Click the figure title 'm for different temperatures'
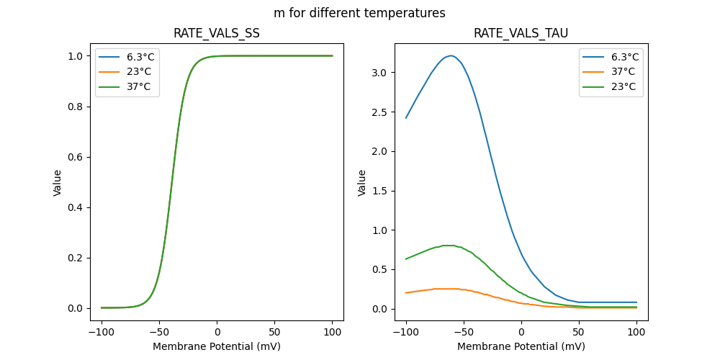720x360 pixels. (x=359, y=13)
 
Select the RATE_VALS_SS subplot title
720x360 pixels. (x=216, y=33)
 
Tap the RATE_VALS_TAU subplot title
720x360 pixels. (x=521, y=33)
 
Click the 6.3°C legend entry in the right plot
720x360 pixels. (x=624, y=57)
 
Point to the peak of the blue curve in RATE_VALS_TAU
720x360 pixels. (x=451, y=55)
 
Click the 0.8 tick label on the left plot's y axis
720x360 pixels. (x=74, y=107)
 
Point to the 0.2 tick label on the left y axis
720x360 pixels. (x=74, y=258)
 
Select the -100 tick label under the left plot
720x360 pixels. (x=99, y=333)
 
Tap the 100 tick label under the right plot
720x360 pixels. (x=636, y=333)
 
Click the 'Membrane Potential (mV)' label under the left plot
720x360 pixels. (x=216, y=346)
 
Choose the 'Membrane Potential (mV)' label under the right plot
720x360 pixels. (x=521, y=346)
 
